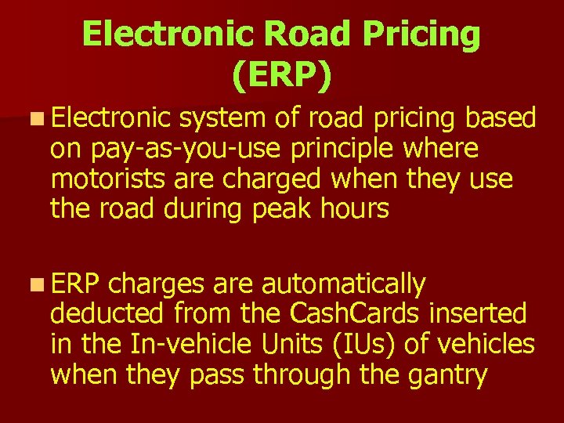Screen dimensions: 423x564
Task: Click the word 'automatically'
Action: tap(344, 284)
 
